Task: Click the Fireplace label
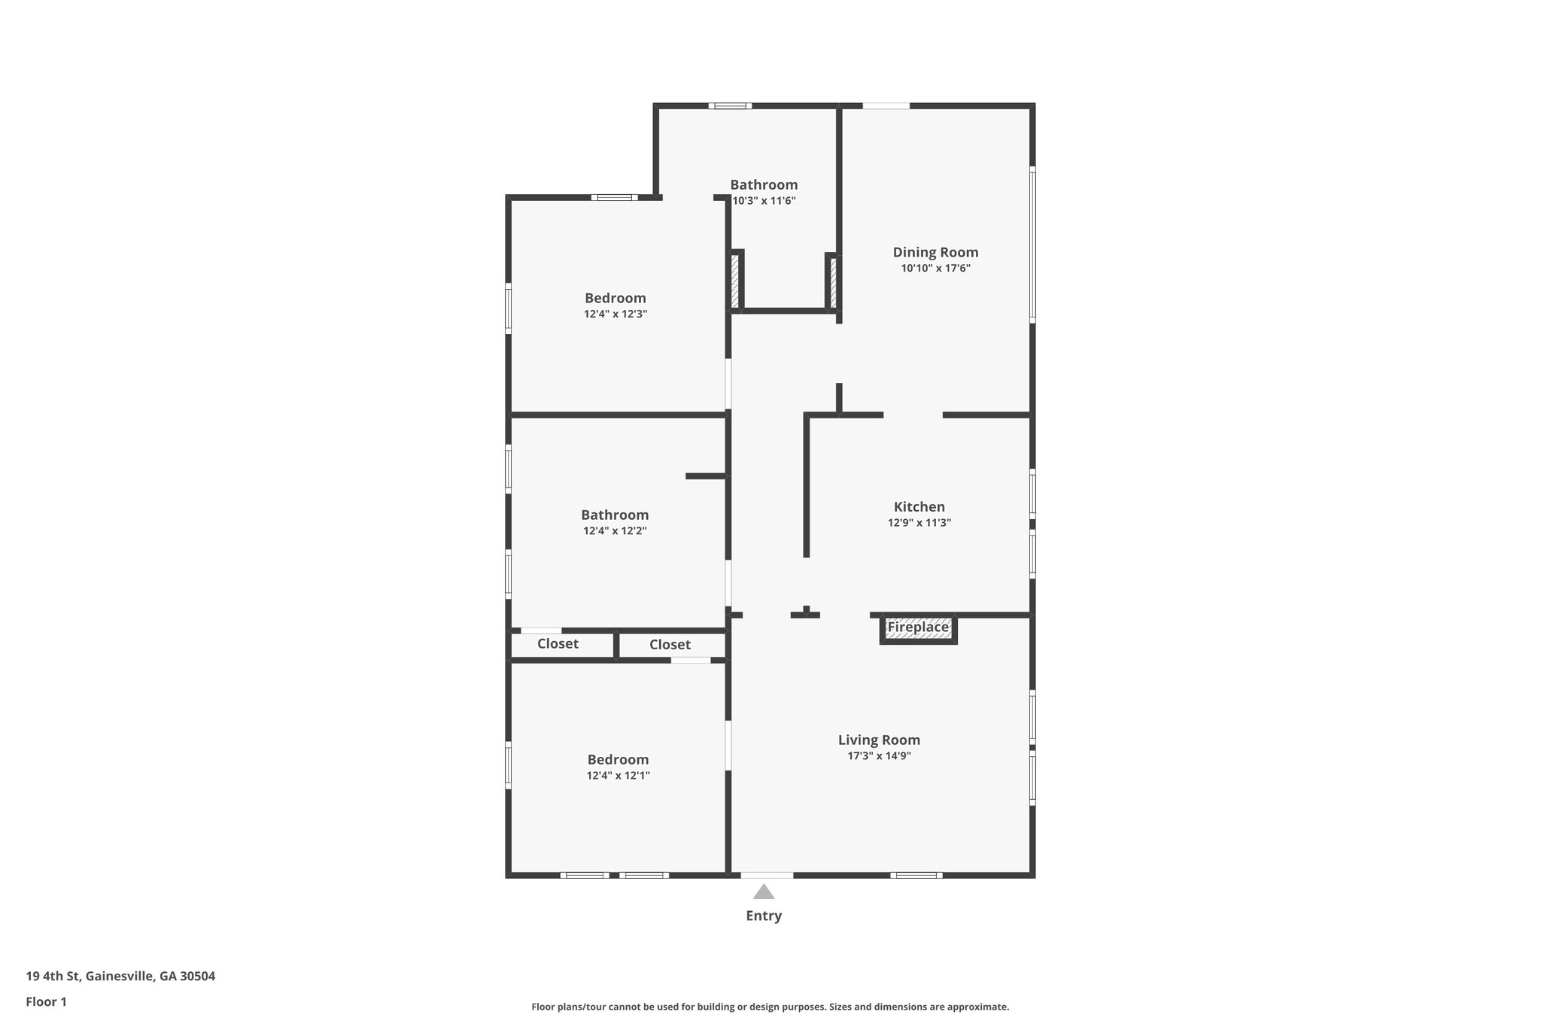click(x=918, y=627)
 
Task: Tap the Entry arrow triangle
click(x=764, y=892)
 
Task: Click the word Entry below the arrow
click(x=764, y=916)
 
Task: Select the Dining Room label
click(x=935, y=252)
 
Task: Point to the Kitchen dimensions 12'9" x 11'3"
click(x=919, y=523)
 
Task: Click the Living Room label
click(x=879, y=740)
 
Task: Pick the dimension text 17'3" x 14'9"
click(x=879, y=756)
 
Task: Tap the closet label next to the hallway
click(x=670, y=645)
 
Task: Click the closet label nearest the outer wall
click(x=558, y=643)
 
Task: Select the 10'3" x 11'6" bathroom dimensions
click(x=764, y=201)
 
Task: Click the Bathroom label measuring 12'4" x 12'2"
click(x=615, y=515)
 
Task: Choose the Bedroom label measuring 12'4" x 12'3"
click(x=615, y=298)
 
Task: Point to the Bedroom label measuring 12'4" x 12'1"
click(x=618, y=759)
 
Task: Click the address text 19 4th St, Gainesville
click(x=120, y=977)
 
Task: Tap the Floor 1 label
click(x=47, y=1002)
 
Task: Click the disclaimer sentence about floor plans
click(x=770, y=1007)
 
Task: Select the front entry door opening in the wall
click(x=767, y=875)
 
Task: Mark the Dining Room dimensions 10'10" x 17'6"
click(x=935, y=269)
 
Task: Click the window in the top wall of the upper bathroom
click(x=730, y=106)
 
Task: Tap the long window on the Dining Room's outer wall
click(x=1032, y=245)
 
